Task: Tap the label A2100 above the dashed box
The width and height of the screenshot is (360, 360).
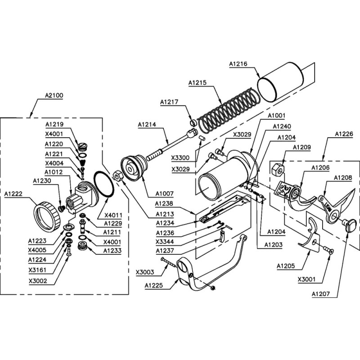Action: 54,96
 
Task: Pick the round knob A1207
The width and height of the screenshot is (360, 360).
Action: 349,224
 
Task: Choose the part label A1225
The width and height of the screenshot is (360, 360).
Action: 154,285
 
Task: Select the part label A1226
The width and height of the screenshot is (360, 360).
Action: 344,134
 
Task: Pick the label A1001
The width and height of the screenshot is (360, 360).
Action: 276,116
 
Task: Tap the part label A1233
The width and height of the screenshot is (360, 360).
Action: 112,250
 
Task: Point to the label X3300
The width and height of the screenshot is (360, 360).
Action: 180,157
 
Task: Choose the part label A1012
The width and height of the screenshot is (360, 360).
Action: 54,172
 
